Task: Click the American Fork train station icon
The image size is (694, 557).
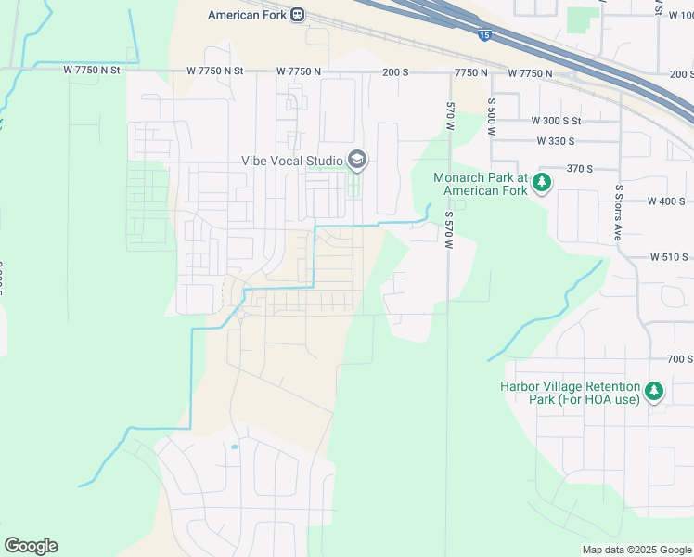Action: [297, 15]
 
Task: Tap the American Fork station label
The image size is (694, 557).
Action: [247, 15]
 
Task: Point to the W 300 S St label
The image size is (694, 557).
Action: [555, 121]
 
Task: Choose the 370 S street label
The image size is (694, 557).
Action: [579, 169]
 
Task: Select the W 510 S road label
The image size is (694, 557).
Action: [669, 256]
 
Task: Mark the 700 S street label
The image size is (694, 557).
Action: [680, 359]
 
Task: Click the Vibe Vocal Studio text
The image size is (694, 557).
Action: [291, 161]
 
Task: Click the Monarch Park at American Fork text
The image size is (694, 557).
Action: [481, 184]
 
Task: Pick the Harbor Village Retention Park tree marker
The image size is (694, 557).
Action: [655, 391]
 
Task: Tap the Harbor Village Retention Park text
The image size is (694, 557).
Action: [570, 393]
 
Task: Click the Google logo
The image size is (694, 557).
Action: [31, 546]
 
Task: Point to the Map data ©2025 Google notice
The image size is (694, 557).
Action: [636, 550]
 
